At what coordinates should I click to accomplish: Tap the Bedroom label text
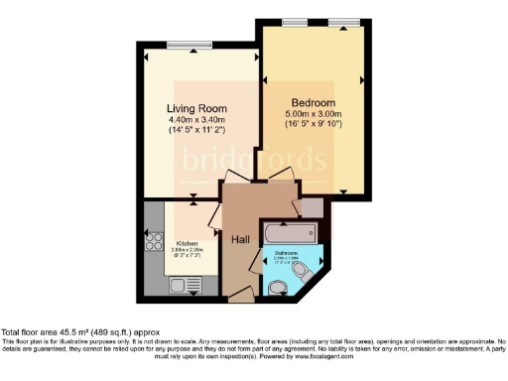[x=314, y=102]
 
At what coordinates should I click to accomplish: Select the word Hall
[x=240, y=239]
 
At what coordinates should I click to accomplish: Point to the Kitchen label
[x=189, y=242]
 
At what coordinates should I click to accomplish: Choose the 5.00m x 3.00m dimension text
[x=314, y=114]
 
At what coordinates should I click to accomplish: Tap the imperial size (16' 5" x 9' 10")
[x=314, y=125]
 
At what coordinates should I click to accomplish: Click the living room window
[x=182, y=42]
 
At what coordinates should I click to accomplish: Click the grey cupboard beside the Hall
[x=311, y=207]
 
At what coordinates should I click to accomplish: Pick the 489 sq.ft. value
[x=114, y=332]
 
